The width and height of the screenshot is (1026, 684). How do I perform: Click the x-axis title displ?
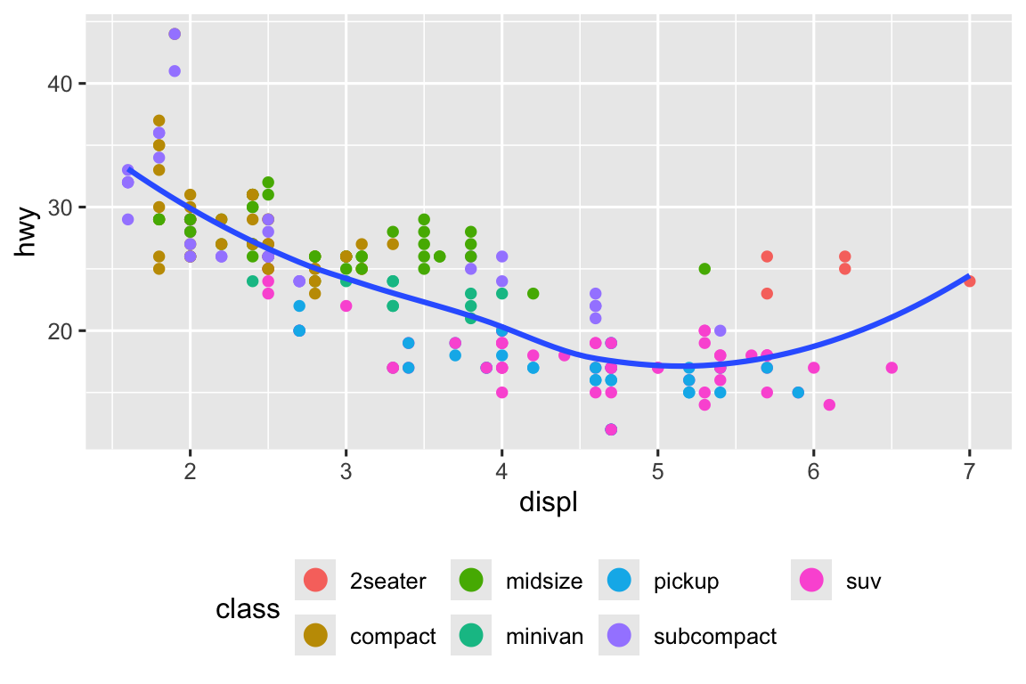(x=549, y=503)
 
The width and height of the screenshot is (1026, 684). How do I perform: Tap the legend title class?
(x=248, y=609)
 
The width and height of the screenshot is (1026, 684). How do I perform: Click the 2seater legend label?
(x=388, y=582)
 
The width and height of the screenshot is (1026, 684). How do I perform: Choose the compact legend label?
(x=393, y=637)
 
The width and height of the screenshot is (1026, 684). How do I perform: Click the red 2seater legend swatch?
(x=315, y=581)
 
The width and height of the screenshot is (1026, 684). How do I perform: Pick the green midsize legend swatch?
(x=470, y=581)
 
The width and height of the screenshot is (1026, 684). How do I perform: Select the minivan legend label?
(x=544, y=637)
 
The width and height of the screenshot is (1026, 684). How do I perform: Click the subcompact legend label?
(x=714, y=637)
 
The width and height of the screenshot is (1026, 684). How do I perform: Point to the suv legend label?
(x=863, y=582)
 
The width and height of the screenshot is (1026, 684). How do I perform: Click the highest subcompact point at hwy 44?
(x=175, y=34)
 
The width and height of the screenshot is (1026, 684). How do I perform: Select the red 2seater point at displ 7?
(x=969, y=281)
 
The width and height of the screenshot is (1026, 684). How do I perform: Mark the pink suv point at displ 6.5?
(x=892, y=368)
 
